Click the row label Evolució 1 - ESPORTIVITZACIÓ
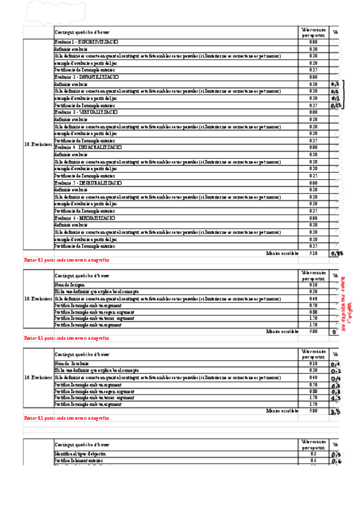(x=87, y=41)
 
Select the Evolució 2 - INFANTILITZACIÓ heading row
(x=87, y=77)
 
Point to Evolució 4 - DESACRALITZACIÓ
(x=88, y=147)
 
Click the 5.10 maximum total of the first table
(x=313, y=253)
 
